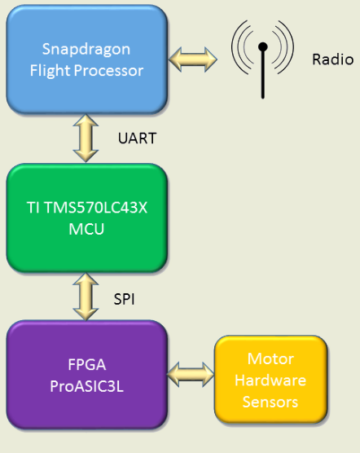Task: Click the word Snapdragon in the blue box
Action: point(86,50)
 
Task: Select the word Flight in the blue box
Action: point(50,71)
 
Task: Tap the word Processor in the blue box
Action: point(108,71)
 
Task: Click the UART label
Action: point(137,138)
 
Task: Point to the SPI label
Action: point(124,299)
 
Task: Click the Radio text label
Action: point(333,59)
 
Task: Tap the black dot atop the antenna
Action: point(263,46)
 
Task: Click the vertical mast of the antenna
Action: point(263,74)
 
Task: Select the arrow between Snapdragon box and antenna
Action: point(192,59)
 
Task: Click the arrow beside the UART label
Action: point(86,138)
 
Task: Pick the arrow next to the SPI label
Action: point(86,297)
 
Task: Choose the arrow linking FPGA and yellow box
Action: point(191,375)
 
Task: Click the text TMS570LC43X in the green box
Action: point(95,208)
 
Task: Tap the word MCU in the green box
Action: point(86,229)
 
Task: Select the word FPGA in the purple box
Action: point(87,364)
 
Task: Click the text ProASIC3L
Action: point(86,386)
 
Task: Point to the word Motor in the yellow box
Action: point(270,359)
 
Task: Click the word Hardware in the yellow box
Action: point(270,380)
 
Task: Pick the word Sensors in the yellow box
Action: point(270,402)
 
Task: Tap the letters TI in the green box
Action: point(33,208)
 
